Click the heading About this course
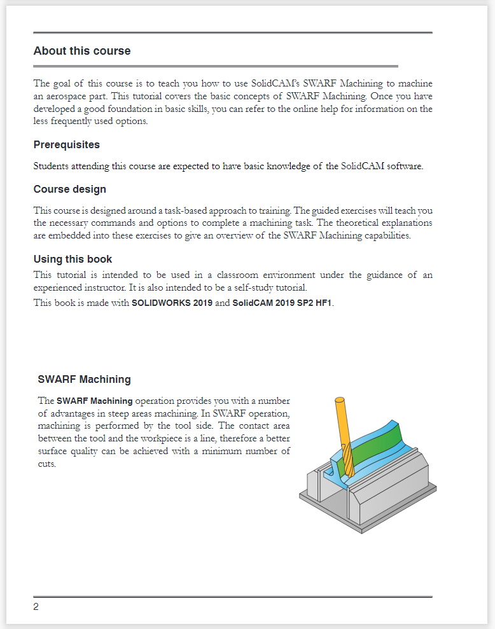coord(82,52)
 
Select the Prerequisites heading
coord(66,145)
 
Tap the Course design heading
coord(69,190)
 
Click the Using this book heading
coord(73,259)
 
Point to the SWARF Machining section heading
coord(84,380)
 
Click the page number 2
coord(36,607)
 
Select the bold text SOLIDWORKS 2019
coord(172,303)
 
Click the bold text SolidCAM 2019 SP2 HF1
coord(282,303)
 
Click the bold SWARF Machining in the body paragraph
coord(95,401)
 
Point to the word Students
coord(50,167)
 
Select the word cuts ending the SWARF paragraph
coord(47,464)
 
